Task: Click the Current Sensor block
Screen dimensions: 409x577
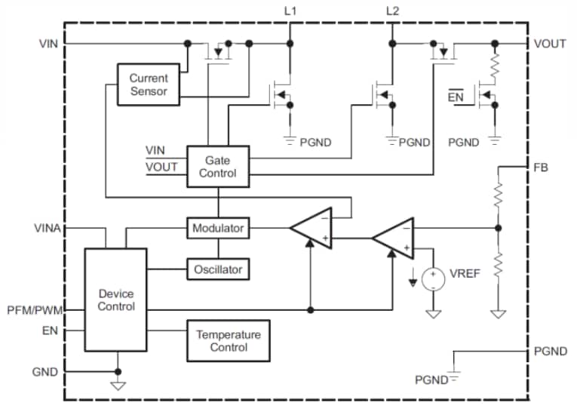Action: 148,85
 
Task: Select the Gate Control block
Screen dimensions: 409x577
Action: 218,167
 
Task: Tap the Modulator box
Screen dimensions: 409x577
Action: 217,228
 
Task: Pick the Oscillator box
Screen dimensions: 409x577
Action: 217,269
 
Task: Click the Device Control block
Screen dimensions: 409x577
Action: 116,300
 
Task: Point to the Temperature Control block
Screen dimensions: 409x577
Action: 228,340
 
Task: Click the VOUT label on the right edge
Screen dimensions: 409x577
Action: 550,44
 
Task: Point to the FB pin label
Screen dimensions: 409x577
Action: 541,167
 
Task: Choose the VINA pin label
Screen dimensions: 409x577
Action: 48,227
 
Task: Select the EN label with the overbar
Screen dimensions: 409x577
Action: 456,97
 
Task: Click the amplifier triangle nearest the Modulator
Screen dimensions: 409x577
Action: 312,226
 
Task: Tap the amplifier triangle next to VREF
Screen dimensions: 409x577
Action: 393,237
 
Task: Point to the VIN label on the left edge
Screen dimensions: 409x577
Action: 48,44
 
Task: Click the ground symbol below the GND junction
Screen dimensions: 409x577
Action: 118,385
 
